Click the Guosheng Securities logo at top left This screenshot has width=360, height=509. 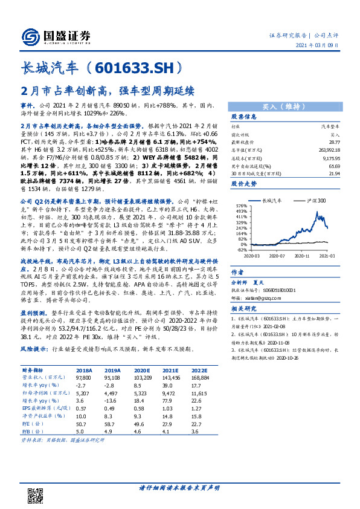[x=55, y=35]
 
